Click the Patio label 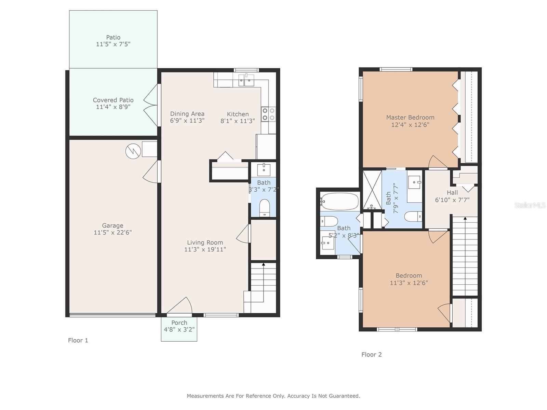[113, 37]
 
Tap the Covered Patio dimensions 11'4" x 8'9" [113, 107]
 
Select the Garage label [112, 225]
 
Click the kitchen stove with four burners [268, 114]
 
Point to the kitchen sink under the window [246, 80]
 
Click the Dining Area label [187, 114]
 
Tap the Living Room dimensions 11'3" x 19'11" [205, 249]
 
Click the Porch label [179, 323]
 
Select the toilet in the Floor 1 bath [264, 208]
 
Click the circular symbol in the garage [133, 151]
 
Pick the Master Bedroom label [410, 117]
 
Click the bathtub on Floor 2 [339, 201]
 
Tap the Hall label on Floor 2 [452, 193]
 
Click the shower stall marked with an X [372, 190]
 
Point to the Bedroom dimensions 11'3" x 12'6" [409, 283]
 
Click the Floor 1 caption [78, 340]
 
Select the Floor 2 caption [372, 355]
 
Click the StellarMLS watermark [530, 205]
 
